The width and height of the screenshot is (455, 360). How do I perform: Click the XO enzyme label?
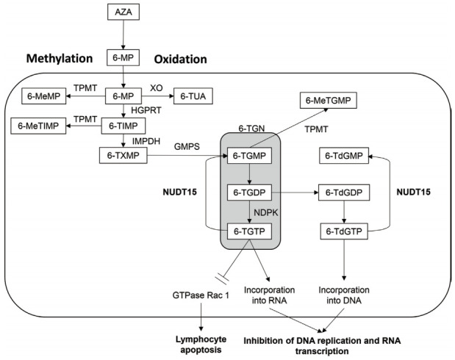pyautogui.click(x=156, y=87)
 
